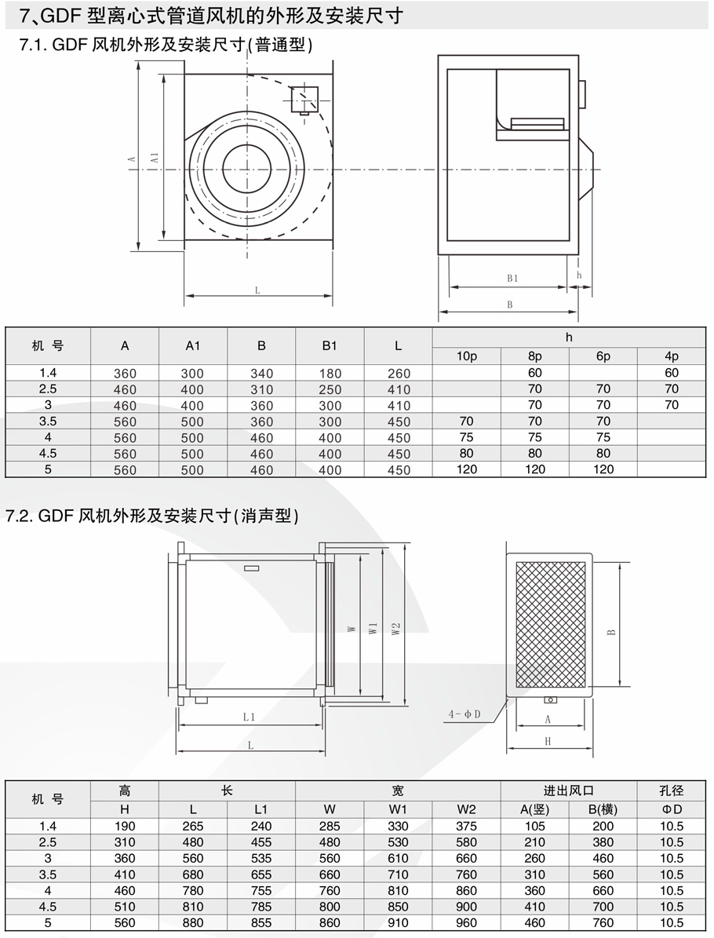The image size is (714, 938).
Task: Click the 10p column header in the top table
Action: pyautogui.click(x=467, y=356)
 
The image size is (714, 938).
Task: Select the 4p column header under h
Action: pyautogui.click(x=671, y=356)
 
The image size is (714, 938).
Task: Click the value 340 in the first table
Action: pyautogui.click(x=262, y=374)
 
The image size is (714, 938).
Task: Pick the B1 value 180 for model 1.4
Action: pyautogui.click(x=330, y=374)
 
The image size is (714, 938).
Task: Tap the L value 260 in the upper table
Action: pyautogui.click(x=399, y=374)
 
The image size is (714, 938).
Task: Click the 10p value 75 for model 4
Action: pyautogui.click(x=467, y=437)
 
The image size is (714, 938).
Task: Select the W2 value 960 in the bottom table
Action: pyautogui.click(x=467, y=923)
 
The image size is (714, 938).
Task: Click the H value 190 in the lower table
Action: pyautogui.click(x=125, y=826)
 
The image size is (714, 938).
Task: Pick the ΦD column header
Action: pyautogui.click(x=672, y=809)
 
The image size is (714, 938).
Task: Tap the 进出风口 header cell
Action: pyautogui.click(x=569, y=791)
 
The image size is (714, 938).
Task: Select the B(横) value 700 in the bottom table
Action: pyautogui.click(x=603, y=907)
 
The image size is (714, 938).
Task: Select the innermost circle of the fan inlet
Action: pyautogui.click(x=246, y=167)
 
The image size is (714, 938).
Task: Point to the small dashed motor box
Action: pyautogui.click(x=303, y=100)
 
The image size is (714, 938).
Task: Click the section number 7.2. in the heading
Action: pyautogui.click(x=19, y=516)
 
